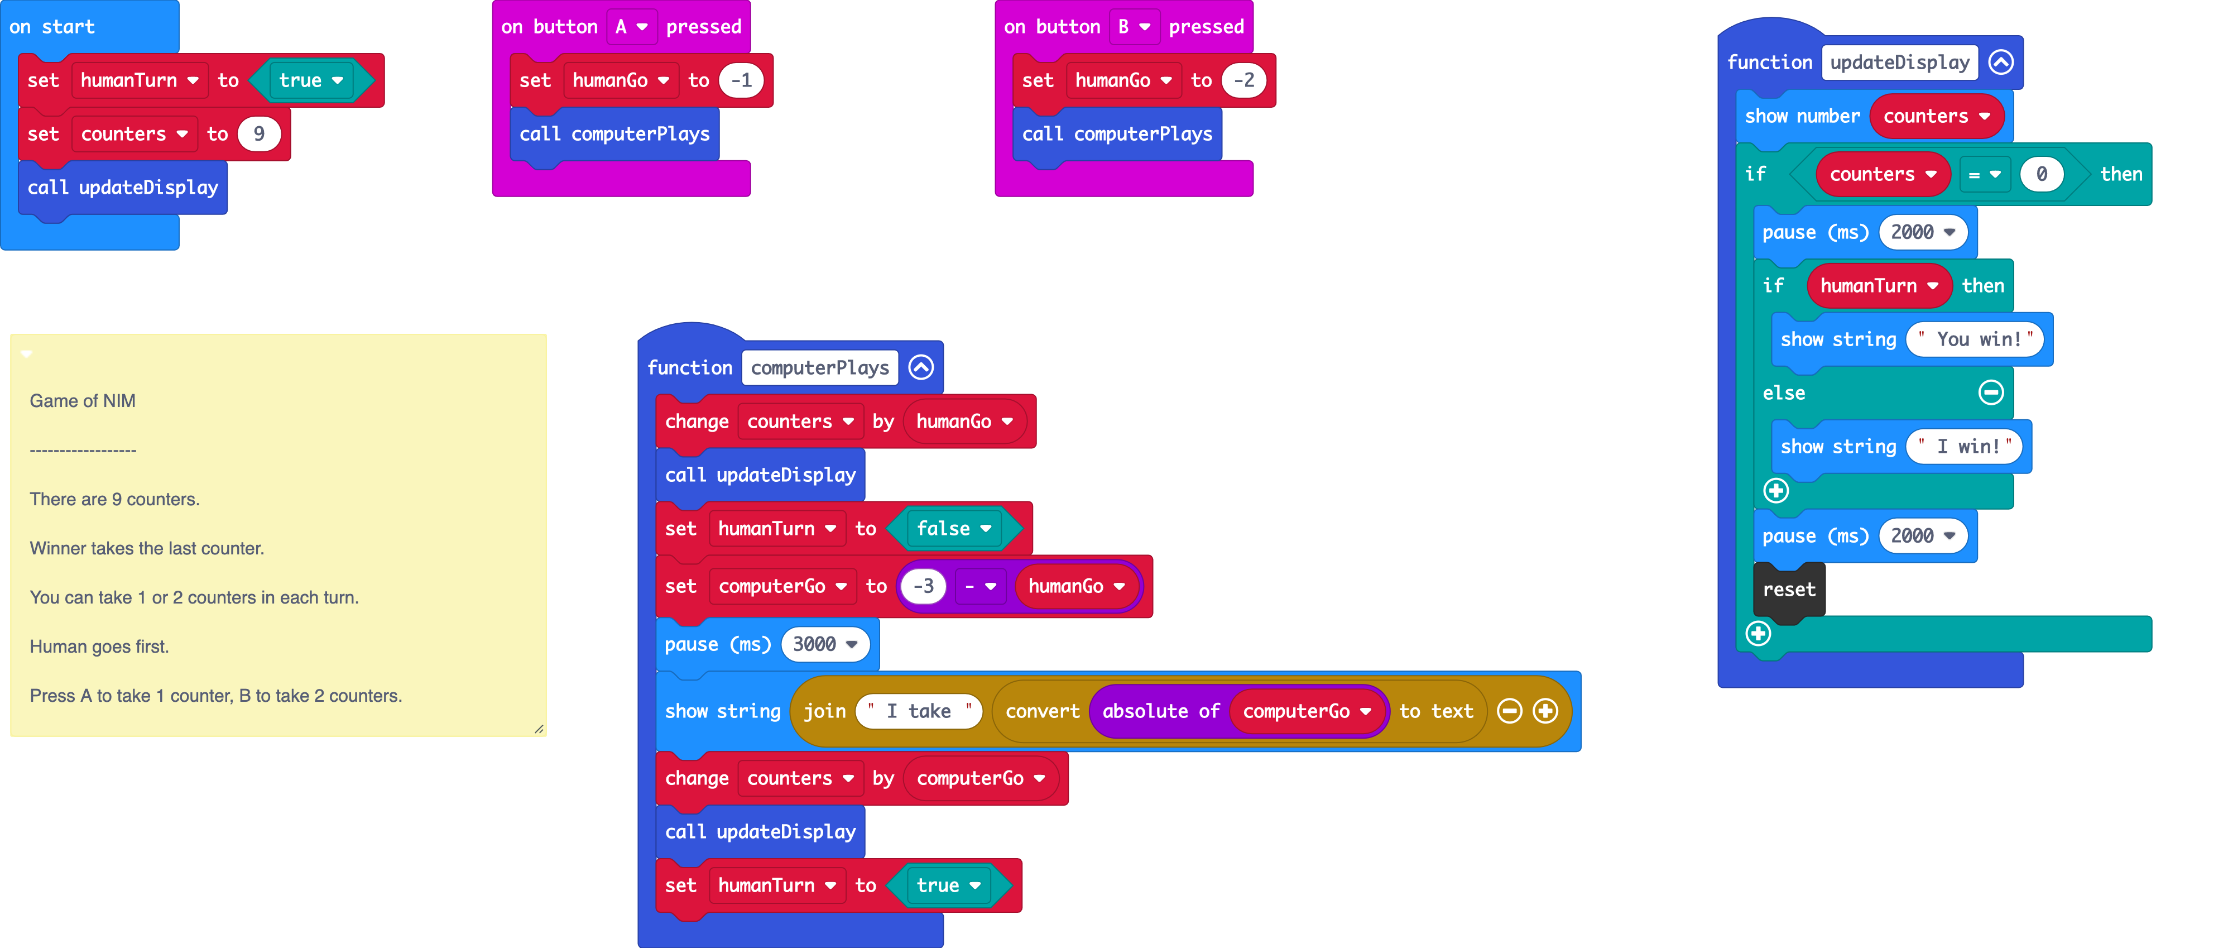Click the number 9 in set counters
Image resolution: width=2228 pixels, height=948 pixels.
click(x=258, y=134)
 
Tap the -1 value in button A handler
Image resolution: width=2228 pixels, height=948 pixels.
click(x=741, y=80)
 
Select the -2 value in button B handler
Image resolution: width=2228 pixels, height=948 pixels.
click(x=1243, y=80)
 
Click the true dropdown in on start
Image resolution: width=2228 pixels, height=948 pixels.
click(x=310, y=80)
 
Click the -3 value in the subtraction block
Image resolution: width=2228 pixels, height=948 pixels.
click(x=924, y=586)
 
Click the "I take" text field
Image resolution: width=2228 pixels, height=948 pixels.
click(x=919, y=711)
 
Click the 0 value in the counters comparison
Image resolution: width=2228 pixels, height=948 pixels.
click(x=2041, y=174)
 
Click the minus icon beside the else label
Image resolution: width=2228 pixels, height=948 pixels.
click(x=1991, y=392)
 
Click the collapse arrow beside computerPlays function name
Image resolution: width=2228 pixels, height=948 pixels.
click(x=921, y=367)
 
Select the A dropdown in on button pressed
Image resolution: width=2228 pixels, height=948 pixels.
click(x=631, y=27)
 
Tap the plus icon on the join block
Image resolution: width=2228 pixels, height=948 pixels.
click(x=1545, y=711)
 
